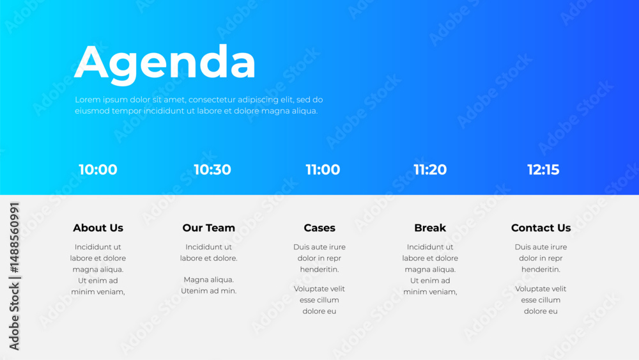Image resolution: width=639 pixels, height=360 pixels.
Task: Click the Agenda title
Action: [x=165, y=63]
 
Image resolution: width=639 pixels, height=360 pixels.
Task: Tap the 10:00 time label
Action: [x=98, y=169]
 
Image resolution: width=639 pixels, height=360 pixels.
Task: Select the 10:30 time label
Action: [x=212, y=169]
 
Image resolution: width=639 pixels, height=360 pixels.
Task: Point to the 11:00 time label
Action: [x=323, y=169]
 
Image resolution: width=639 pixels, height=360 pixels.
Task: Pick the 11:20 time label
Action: [x=430, y=169]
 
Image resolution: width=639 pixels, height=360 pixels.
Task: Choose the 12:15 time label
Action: [x=543, y=169]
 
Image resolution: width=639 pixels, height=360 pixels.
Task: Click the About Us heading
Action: [x=98, y=228]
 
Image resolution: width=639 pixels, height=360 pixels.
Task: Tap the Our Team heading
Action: [x=209, y=228]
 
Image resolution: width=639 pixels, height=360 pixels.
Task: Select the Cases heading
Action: [x=319, y=228]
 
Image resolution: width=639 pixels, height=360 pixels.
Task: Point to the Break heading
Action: [x=430, y=228]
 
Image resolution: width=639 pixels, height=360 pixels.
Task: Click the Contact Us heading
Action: [x=541, y=228]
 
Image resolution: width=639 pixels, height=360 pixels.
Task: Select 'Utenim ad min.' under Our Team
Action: [x=209, y=291]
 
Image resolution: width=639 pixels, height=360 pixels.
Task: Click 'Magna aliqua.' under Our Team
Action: [x=209, y=279]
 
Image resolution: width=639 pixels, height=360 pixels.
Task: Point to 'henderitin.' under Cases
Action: [x=319, y=269]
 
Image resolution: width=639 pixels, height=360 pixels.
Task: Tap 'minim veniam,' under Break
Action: [x=430, y=292]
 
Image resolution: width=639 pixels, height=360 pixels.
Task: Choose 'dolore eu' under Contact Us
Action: [x=541, y=311]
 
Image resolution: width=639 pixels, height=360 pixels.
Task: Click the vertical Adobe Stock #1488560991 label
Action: [x=14, y=276]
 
